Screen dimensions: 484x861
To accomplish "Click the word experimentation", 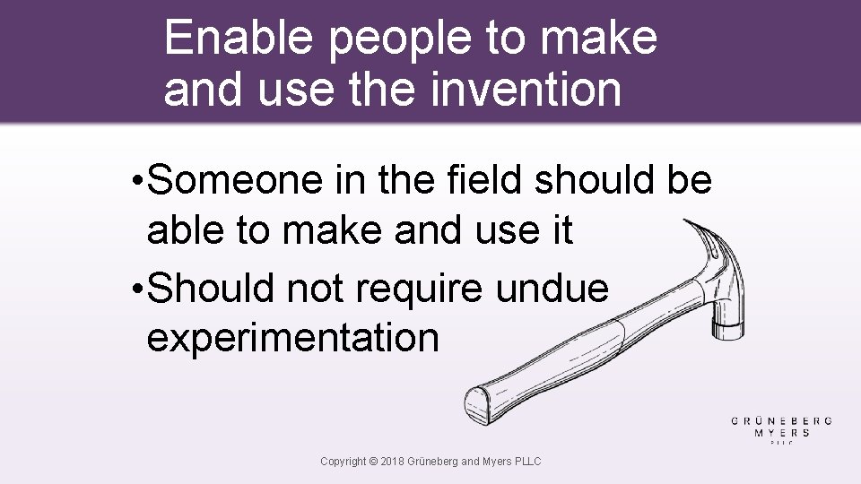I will coord(292,338).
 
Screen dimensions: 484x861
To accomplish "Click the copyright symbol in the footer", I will coord(373,462).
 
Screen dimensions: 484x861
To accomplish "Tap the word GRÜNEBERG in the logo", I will coord(782,419).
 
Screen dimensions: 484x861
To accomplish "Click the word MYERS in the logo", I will coord(782,432).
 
